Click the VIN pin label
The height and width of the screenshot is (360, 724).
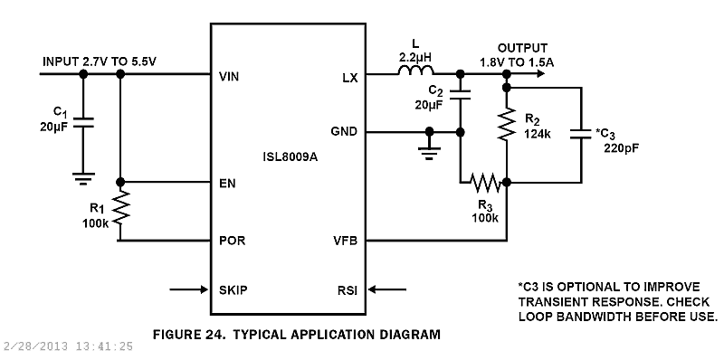(x=230, y=78)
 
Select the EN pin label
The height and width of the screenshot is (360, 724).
(x=227, y=184)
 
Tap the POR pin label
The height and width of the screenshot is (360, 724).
(x=233, y=242)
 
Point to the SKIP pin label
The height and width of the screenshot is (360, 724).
(x=233, y=290)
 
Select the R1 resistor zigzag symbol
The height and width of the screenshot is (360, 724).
(x=120, y=209)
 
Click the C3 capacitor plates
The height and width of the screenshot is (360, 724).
(x=578, y=135)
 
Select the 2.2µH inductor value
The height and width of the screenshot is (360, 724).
(x=416, y=56)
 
